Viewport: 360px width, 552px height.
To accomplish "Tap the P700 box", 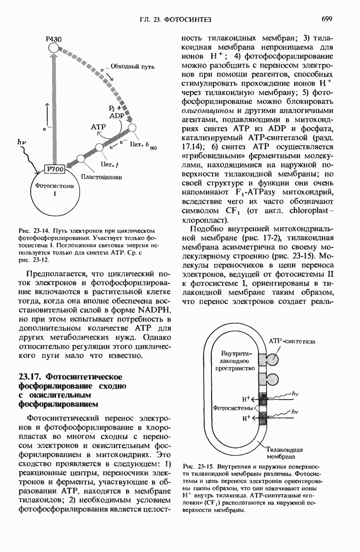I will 56,170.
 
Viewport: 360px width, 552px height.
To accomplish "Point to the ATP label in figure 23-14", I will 99,126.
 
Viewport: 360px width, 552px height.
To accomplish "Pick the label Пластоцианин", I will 101,178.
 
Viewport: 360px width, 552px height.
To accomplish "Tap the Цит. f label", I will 106,163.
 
